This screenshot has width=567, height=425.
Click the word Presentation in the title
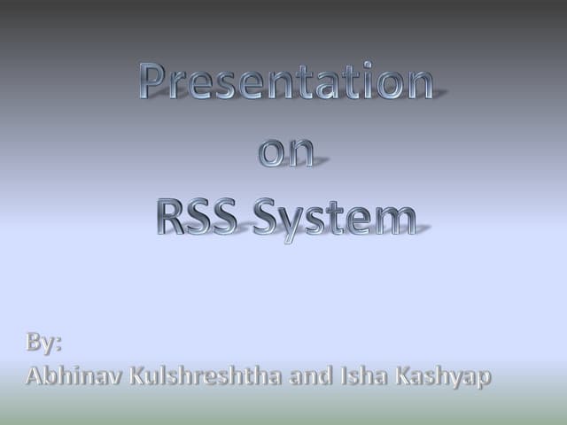[286, 83]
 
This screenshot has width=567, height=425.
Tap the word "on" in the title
[286, 152]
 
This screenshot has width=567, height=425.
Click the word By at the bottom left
[43, 342]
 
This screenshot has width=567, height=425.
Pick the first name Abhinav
[74, 375]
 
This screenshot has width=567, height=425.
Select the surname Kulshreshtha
[206, 375]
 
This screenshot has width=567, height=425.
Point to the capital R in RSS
[171, 217]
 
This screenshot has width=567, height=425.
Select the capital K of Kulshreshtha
[138, 375]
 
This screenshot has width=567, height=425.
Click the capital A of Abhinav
[35, 375]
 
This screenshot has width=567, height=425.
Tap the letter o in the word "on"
[271, 153]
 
